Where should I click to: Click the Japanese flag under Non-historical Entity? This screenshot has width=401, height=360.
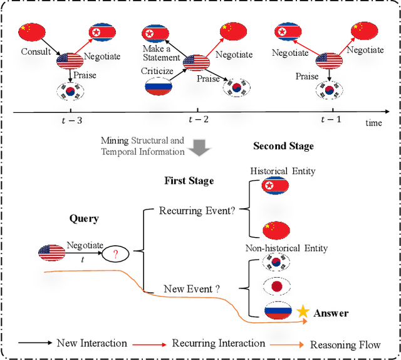point(275,286)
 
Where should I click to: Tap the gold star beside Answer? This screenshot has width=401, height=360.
point(303,311)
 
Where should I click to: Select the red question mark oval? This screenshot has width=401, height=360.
point(116,254)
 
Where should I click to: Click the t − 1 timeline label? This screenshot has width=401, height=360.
point(330,120)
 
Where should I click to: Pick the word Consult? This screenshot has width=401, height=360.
point(35,51)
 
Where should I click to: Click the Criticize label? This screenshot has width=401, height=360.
point(157,71)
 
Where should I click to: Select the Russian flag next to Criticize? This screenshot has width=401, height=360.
point(158,86)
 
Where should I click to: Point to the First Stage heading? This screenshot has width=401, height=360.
point(189,181)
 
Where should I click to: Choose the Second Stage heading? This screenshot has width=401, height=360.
point(283,146)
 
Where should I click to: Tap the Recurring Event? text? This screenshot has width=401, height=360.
point(196,211)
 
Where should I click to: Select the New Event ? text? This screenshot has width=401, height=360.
point(192,289)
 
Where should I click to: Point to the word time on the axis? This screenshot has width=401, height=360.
point(374,123)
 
